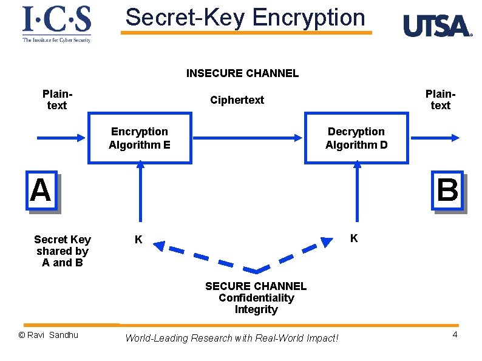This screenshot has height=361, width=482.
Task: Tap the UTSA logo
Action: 436,26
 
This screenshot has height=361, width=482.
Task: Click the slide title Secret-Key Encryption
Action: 245,17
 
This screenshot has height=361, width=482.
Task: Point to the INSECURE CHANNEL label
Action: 242,73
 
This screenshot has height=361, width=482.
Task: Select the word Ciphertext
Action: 237,100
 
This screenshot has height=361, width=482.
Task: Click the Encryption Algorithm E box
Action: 140,138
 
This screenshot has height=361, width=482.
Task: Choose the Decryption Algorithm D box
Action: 356,138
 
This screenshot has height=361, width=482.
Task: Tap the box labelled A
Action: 41,191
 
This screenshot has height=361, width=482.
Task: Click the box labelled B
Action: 447,191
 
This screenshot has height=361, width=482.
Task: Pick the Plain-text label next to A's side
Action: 56,100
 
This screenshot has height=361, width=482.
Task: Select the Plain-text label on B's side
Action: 440,100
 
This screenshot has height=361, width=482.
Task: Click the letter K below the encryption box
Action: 138,240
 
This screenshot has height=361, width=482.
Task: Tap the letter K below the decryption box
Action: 354,238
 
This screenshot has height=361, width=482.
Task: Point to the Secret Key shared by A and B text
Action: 63,251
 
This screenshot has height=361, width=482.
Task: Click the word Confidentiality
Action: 256,298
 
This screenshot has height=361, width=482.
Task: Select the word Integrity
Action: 256,309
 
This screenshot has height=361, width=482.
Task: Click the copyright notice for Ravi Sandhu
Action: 49,335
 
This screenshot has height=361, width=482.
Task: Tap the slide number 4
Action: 454,335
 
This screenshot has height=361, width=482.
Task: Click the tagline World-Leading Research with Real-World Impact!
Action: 231,338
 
